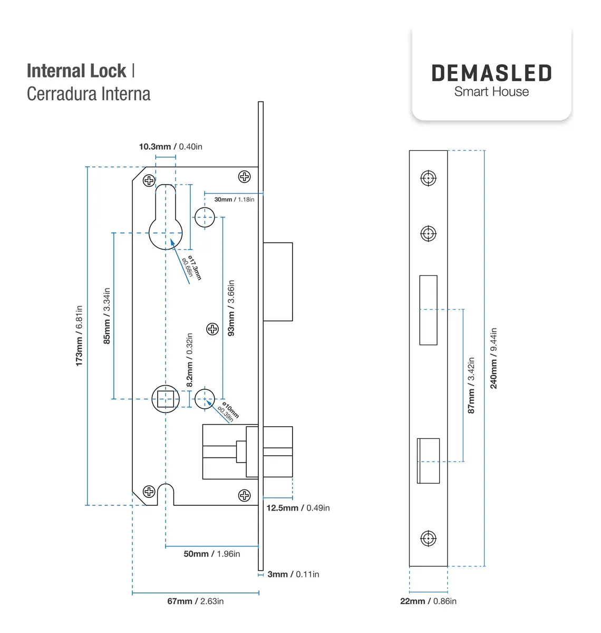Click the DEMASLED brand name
pos(491,73)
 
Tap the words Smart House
pos(491,92)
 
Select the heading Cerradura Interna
pos(89,94)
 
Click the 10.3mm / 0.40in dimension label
pos(170,147)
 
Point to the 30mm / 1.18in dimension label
pos(234,199)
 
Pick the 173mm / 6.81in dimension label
pos(79,335)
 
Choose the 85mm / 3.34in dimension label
pos(106,316)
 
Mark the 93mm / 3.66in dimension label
pos(231,308)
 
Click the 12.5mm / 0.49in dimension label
pos(298,508)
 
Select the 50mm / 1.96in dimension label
pos(211,554)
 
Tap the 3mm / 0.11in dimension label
pos(293,574)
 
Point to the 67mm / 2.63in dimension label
pos(195,601)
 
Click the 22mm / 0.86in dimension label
pos(428,601)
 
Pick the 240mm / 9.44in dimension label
pos(493,358)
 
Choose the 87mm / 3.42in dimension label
pos(471,385)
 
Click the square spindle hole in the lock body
pos(166,399)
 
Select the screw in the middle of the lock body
pos(212,329)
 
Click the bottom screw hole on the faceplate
pos(428,539)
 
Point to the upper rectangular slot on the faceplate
pos(428,310)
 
